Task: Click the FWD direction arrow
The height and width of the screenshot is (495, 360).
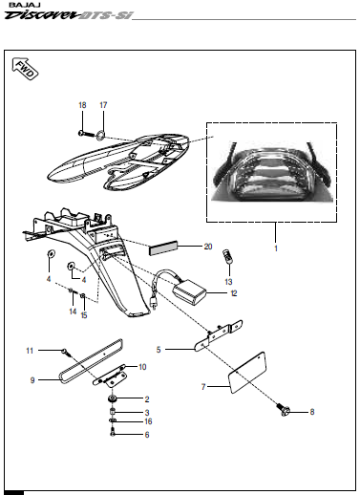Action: pos(26,69)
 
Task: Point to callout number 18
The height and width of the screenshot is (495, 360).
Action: pos(82,104)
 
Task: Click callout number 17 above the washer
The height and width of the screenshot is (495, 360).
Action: pos(103,104)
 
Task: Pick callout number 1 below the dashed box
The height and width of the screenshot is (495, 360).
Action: pos(276,248)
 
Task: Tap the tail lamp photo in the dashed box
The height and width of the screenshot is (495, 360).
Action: pos(273,171)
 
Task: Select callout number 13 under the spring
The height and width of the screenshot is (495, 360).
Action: pos(228,282)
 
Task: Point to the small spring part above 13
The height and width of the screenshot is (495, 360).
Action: pos(228,257)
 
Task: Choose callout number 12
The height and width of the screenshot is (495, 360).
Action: pos(233,294)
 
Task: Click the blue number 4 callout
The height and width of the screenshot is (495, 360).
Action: pos(48,280)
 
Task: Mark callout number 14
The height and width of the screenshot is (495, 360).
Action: pos(72,312)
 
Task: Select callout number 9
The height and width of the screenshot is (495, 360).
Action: pos(32,380)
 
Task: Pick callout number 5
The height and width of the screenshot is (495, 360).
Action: pos(159,350)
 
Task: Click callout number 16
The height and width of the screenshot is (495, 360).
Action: pos(147,421)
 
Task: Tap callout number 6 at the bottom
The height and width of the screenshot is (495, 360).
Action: pos(147,435)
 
